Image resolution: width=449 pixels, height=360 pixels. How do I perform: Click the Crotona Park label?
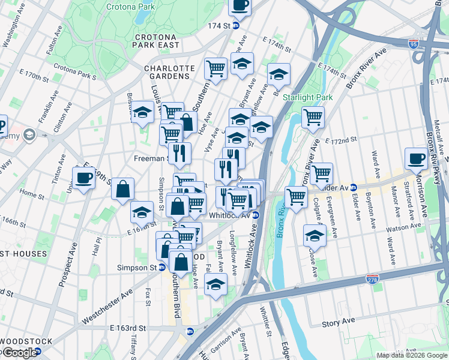click(x=127, y=8)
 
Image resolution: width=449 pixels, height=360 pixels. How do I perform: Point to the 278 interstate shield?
click(x=372, y=280)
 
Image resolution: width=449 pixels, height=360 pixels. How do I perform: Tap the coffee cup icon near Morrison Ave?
click(x=416, y=159)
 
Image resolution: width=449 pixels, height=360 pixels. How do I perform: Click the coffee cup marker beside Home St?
click(x=84, y=178)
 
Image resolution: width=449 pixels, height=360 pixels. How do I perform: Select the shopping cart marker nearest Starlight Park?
click(x=313, y=118)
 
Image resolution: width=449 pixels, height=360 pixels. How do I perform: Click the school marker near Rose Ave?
click(x=314, y=236)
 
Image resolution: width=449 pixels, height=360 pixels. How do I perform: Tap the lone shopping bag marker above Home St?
click(x=123, y=189)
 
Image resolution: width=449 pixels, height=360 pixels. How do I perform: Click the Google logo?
click(x=20, y=353)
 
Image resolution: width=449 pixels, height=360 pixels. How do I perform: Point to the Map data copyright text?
click(x=412, y=355)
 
